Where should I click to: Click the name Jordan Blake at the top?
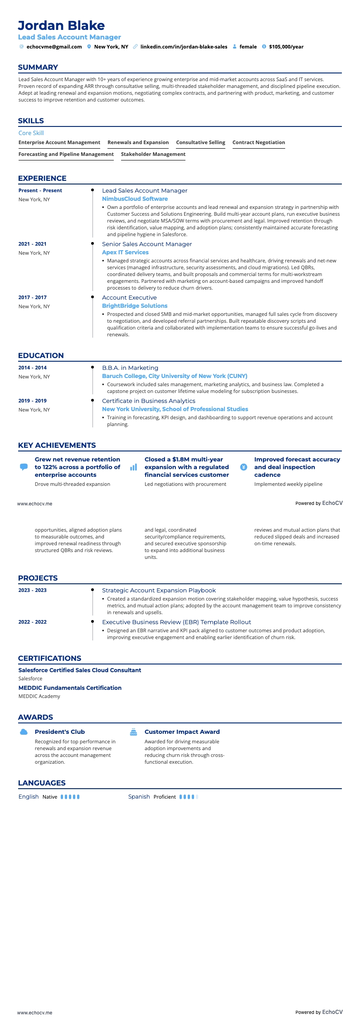(61, 25)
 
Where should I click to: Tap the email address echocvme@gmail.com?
(54, 47)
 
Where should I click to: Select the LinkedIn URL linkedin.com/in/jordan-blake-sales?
(184, 47)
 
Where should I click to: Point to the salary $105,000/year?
(286, 47)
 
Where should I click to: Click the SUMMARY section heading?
(38, 68)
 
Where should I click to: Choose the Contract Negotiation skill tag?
(258, 142)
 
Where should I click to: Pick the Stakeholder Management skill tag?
(153, 154)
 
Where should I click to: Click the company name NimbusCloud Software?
(135, 199)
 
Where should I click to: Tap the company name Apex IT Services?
(125, 252)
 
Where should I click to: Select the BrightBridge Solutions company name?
(135, 306)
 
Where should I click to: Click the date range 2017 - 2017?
(33, 298)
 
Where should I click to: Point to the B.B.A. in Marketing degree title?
(130, 368)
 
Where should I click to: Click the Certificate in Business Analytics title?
(149, 401)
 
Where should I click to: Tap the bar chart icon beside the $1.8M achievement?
(133, 467)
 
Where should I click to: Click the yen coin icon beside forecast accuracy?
(243, 467)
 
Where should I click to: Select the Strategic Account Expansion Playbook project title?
(159, 591)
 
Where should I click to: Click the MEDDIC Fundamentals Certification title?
(70, 688)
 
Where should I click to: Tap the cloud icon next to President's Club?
(24, 732)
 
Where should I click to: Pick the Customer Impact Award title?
(182, 732)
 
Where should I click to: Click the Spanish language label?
(139, 797)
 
